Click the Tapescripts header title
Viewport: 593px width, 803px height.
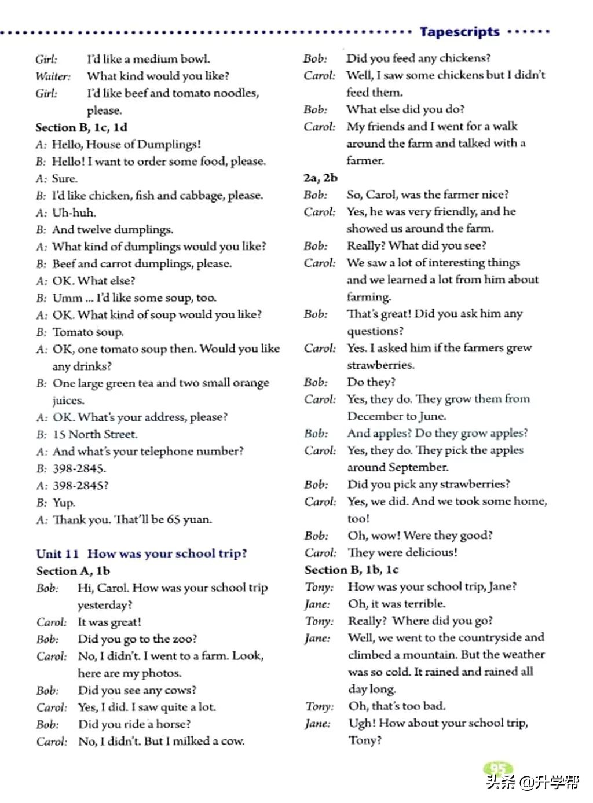[x=459, y=32]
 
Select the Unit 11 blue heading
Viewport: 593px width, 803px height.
[x=141, y=553]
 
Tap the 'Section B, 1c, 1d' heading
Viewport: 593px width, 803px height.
[x=81, y=127]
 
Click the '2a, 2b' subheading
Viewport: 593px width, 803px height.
[x=320, y=178]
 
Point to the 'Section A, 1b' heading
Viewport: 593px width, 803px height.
[x=73, y=571]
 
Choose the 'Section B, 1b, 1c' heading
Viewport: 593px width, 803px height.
[x=352, y=570]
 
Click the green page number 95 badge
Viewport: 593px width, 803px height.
[x=497, y=769]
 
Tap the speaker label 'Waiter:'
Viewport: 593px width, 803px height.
[x=53, y=76]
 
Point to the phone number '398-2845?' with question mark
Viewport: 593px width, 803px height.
[x=80, y=486]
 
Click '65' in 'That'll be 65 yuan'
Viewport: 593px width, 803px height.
[x=173, y=520]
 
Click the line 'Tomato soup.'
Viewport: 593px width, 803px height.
[x=88, y=332]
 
